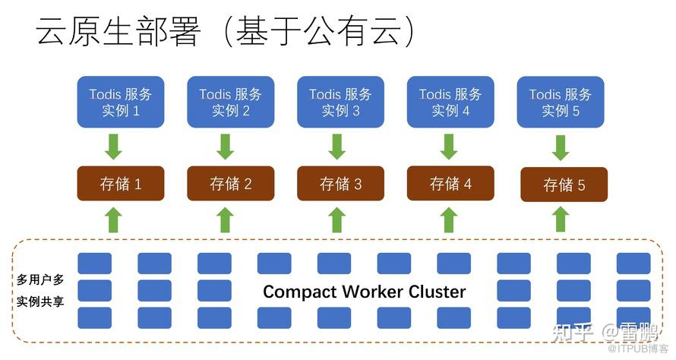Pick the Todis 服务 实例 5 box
pos(561,102)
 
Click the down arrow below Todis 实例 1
pos(114,146)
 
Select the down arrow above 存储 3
pos(337,146)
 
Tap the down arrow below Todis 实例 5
pos(561,147)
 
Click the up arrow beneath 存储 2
pos(226,219)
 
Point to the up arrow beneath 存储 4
pos(449,219)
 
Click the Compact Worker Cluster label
pos(364,291)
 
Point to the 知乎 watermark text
pos(570,332)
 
